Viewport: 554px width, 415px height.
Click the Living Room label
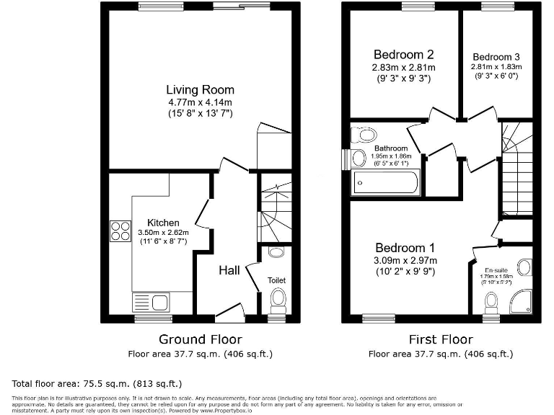[200, 90]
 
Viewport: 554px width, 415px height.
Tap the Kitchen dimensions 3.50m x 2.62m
[163, 233]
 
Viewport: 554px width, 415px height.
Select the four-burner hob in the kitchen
[118, 230]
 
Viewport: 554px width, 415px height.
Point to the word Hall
[230, 270]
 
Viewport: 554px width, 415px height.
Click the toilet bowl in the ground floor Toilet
[277, 298]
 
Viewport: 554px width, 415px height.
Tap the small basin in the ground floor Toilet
[275, 253]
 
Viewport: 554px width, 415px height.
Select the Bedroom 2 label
[403, 55]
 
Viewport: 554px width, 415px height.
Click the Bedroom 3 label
[496, 57]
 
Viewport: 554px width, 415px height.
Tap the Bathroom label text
[391, 148]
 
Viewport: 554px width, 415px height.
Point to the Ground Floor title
[200, 339]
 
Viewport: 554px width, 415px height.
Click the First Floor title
[440, 339]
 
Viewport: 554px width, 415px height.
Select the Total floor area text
[98, 383]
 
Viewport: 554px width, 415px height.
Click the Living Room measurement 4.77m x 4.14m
[200, 103]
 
